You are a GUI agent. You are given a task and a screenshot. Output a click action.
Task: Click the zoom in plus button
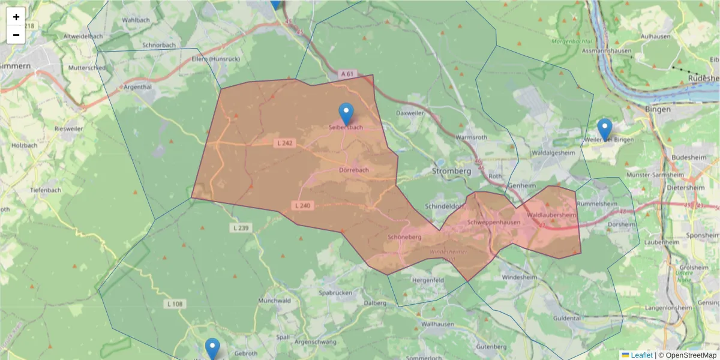click(16, 17)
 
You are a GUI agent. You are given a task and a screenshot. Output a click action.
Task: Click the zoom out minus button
click(16, 35)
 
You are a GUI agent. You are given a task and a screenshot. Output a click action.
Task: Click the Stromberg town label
click(451, 171)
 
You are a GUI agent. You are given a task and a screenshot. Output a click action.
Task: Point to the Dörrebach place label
click(354, 170)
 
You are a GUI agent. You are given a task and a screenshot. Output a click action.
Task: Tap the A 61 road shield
click(347, 74)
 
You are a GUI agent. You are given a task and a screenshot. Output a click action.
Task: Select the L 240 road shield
click(303, 205)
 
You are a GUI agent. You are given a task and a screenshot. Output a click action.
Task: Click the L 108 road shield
click(174, 304)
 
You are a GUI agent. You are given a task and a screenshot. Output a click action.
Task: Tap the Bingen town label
click(658, 110)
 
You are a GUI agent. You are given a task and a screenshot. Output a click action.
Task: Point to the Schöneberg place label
click(405, 237)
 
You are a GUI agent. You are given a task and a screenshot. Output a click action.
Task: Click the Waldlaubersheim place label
click(551, 215)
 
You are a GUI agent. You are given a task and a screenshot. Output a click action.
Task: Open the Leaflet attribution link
click(641, 355)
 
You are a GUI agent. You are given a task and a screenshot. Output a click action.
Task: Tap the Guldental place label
click(566, 318)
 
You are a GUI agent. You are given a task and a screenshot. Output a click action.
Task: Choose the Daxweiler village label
click(410, 113)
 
